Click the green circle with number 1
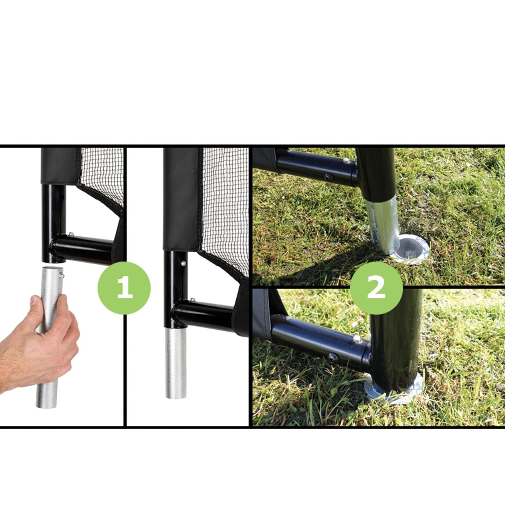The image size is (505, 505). [x=124, y=288]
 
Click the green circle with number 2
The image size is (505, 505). [x=376, y=288]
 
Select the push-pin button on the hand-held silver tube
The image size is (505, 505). [x=62, y=275]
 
